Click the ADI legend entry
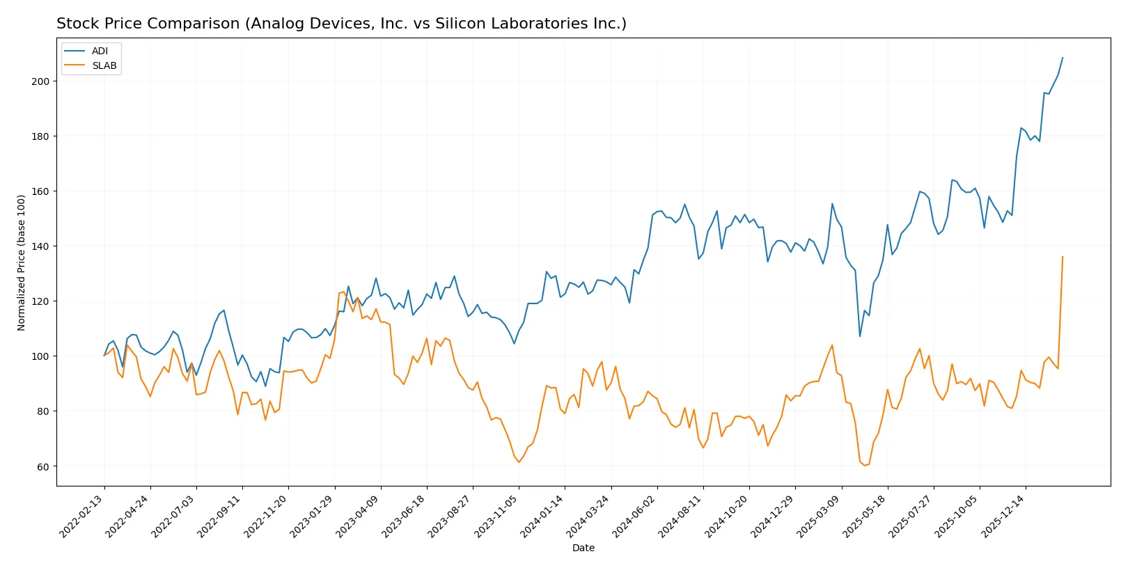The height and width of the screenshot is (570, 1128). [100, 51]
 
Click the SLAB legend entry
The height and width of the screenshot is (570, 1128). [104, 65]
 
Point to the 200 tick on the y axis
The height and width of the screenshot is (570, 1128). [40, 81]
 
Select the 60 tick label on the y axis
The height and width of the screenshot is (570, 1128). [43, 466]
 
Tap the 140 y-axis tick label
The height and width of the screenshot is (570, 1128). [40, 246]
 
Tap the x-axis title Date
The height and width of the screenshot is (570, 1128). [583, 548]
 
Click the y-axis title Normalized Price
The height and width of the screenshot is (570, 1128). [22, 262]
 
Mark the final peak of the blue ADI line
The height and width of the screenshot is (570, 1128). [1063, 58]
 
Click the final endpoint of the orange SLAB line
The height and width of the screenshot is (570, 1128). [1063, 257]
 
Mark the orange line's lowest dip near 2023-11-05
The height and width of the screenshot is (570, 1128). [519, 462]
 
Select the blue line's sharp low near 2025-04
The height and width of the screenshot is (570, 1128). [860, 337]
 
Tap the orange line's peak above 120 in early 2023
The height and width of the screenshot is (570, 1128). [343, 292]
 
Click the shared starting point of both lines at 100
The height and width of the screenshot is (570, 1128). [104, 356]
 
